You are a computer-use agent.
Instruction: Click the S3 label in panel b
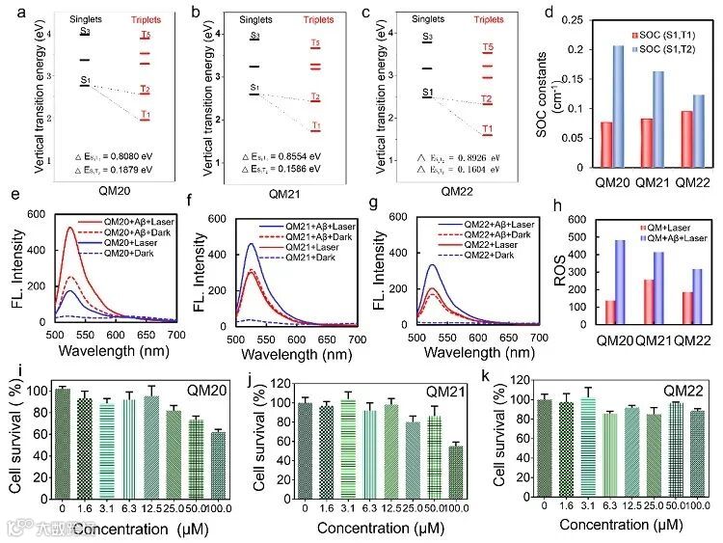pos(254,36)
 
